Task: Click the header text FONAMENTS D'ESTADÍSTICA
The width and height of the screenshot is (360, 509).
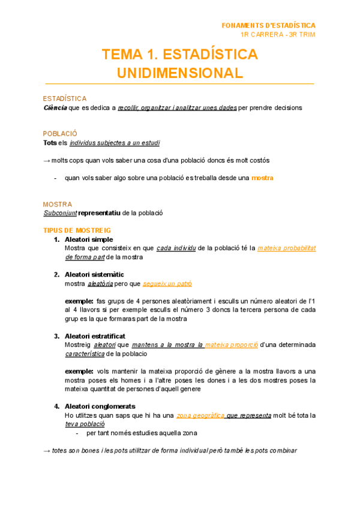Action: tap(268, 25)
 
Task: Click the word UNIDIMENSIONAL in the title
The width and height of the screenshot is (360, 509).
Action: tap(180, 73)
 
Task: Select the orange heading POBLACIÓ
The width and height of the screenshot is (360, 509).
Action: tap(60, 133)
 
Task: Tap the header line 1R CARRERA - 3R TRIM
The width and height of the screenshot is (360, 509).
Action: tap(277, 34)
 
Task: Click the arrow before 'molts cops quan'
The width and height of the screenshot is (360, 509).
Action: tap(47, 161)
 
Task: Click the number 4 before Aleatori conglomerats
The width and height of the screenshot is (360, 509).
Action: tap(56, 406)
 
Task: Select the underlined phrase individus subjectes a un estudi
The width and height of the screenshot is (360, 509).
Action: tap(115, 143)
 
